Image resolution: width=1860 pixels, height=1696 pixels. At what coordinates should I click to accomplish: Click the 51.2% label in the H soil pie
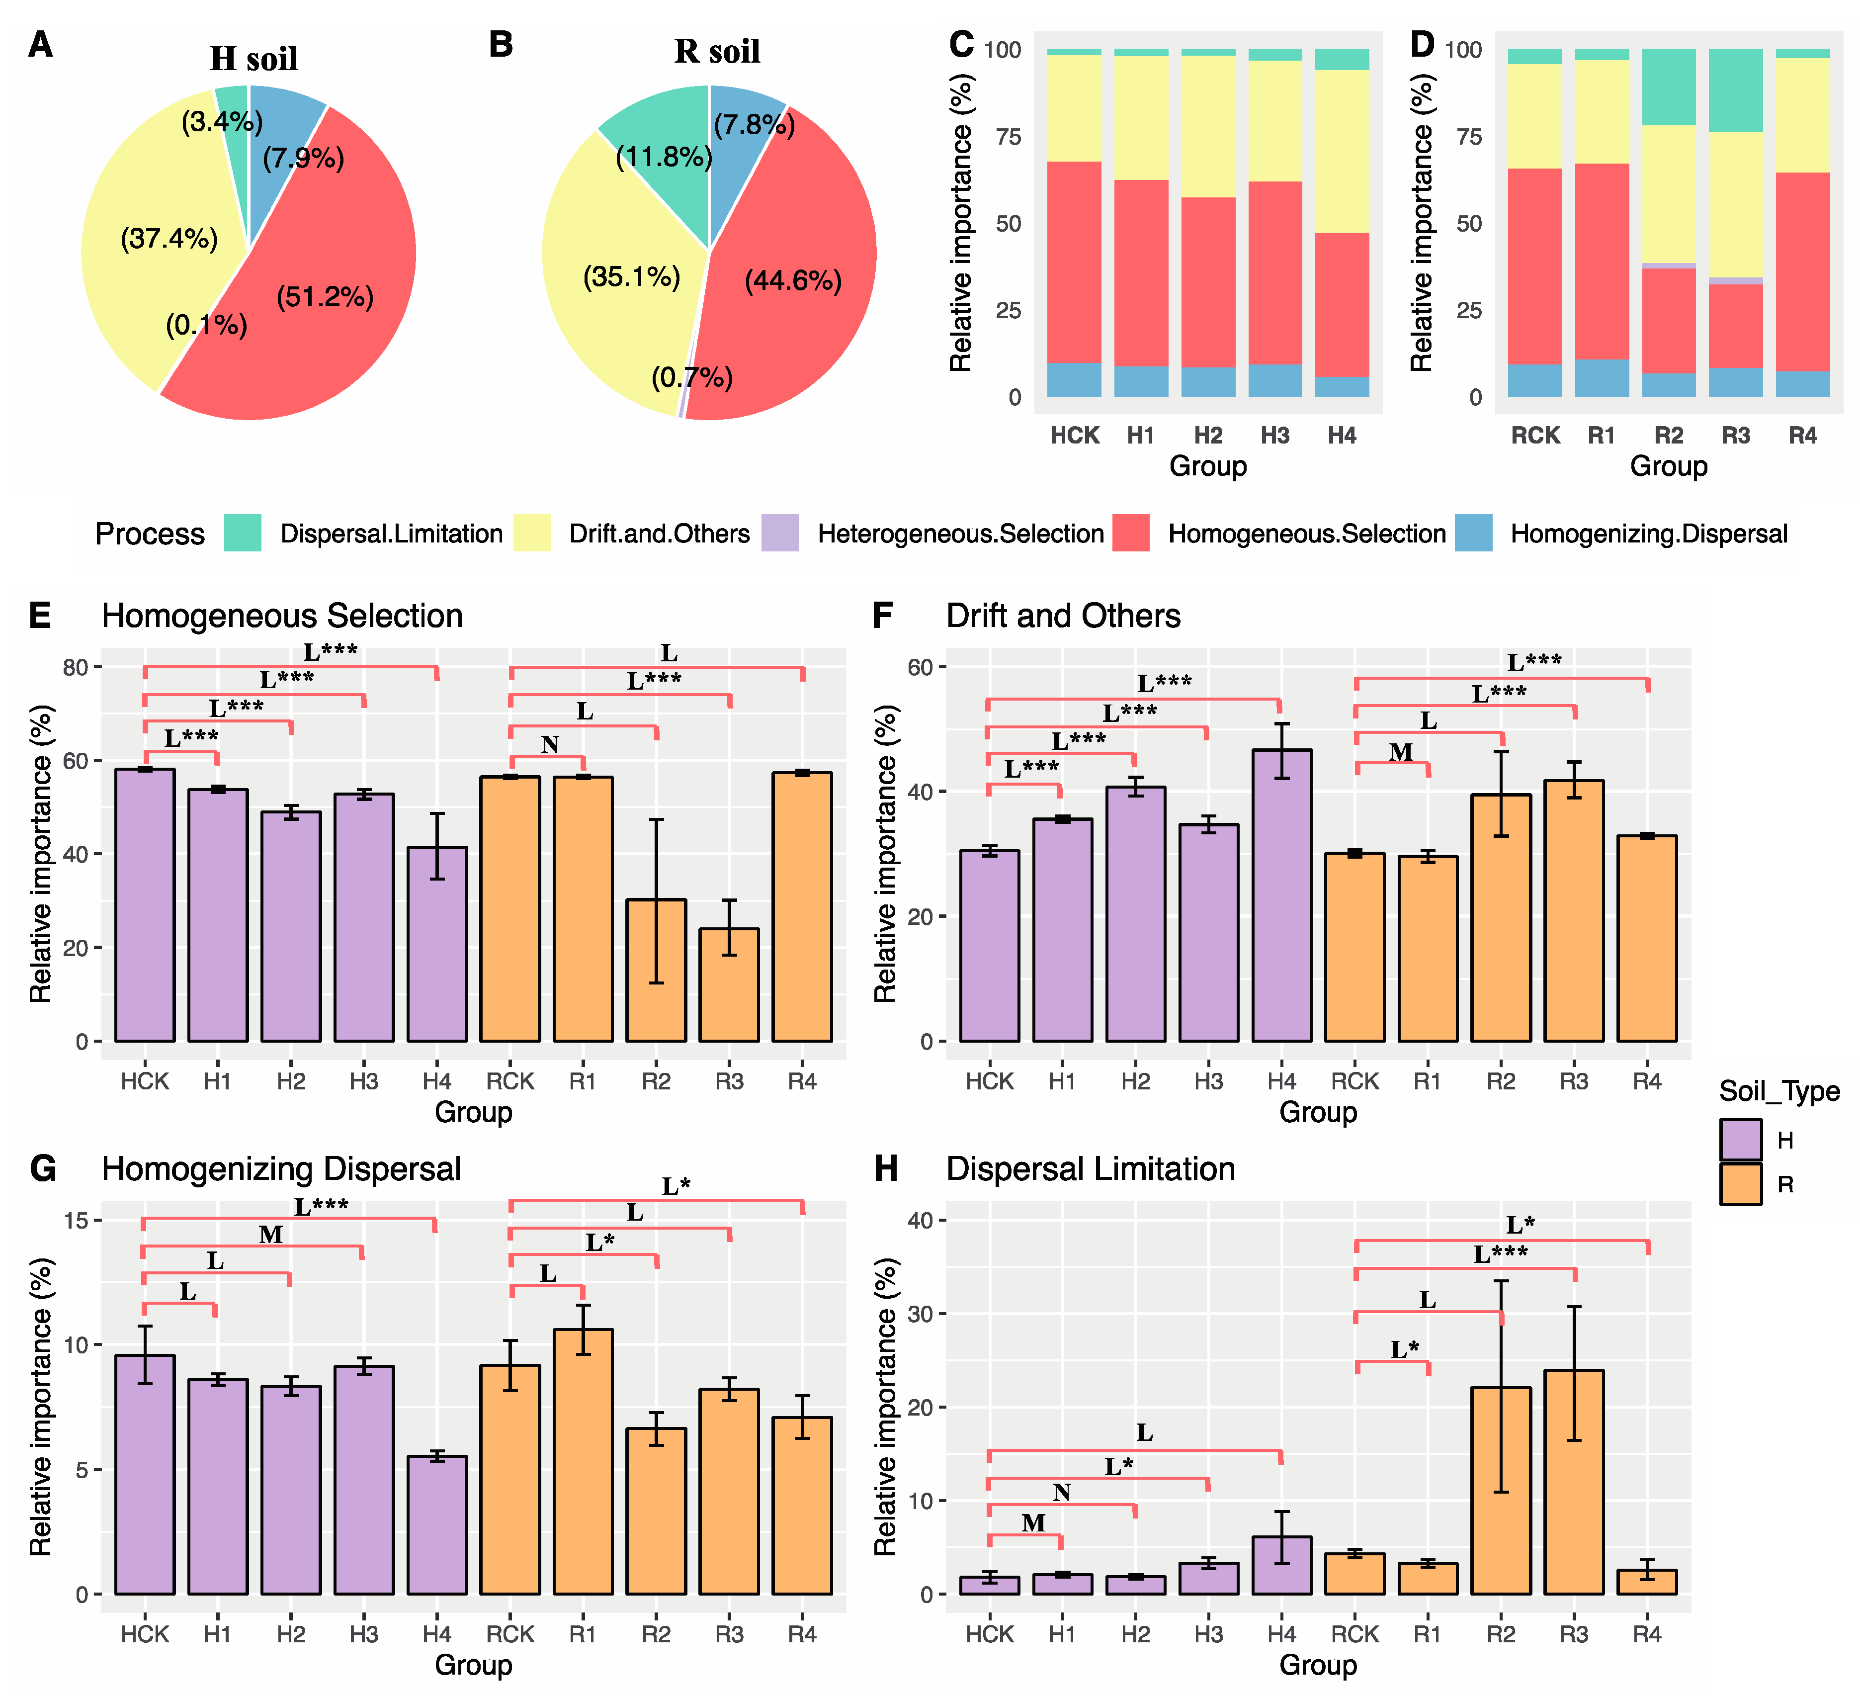[x=325, y=297]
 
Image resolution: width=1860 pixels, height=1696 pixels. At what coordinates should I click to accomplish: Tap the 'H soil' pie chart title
[x=254, y=58]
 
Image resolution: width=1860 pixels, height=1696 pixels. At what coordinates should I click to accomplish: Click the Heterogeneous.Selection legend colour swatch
[x=779, y=534]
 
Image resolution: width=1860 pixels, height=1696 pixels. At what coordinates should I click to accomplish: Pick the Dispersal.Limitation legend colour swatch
[x=243, y=534]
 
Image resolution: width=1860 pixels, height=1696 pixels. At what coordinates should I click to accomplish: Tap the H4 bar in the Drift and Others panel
[x=1281, y=895]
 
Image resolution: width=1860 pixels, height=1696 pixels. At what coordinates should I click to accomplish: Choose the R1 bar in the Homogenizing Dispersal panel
[x=583, y=1462]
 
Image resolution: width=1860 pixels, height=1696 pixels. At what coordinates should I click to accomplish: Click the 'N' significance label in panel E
[x=550, y=745]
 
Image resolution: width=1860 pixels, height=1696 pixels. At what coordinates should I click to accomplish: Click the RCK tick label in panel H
[x=1354, y=1634]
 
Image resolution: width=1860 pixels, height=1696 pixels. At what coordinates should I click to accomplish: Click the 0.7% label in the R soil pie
[x=692, y=377]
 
